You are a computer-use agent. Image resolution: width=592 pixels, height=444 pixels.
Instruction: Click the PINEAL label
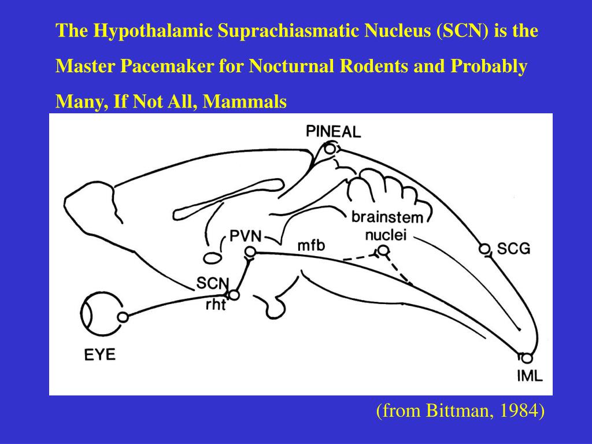coord(334,131)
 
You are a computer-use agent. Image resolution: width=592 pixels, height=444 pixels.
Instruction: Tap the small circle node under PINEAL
coord(330,149)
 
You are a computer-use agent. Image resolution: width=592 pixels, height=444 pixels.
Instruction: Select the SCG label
coord(513,249)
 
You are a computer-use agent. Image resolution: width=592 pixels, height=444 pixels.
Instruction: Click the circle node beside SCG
coord(484,249)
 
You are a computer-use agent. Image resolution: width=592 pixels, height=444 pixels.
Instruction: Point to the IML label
coord(530,376)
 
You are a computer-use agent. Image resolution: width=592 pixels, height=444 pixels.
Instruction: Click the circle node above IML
coord(526,358)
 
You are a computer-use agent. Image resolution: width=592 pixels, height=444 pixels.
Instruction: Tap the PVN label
coord(245,236)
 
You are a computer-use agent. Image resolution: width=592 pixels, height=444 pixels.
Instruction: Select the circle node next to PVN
coord(250,251)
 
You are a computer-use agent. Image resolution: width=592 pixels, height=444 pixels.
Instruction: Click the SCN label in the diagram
coord(212,283)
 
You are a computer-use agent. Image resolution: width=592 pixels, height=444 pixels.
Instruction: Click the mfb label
coord(311,245)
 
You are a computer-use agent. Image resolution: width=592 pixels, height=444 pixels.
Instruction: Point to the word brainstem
coord(387,218)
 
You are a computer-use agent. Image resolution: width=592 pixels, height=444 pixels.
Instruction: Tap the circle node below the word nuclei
coord(383,250)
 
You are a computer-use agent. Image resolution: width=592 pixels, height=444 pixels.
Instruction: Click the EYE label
coord(100,354)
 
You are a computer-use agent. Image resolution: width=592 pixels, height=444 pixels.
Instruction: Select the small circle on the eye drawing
coord(123,317)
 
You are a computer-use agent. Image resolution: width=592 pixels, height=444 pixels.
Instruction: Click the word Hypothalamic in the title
coord(144,31)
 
